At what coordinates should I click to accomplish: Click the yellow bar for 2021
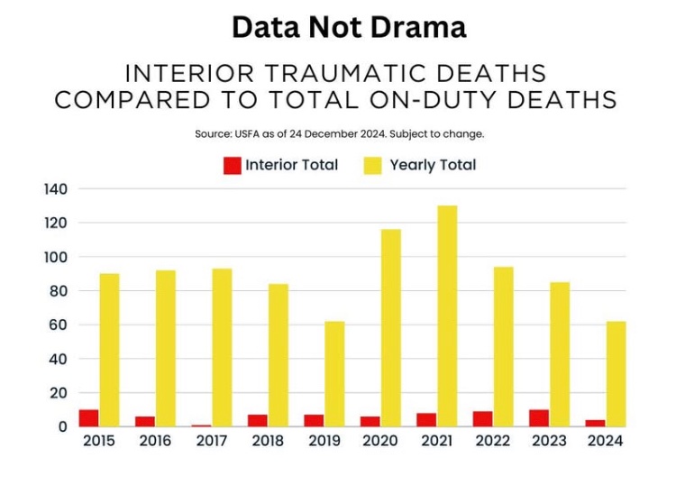tap(446, 316)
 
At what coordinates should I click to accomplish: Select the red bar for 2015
tap(88, 417)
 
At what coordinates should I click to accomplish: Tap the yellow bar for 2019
tap(334, 373)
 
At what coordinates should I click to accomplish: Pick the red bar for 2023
tap(539, 417)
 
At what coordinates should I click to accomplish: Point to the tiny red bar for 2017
tap(201, 425)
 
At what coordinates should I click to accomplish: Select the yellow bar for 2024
tap(617, 373)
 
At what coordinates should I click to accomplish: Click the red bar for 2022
tap(483, 418)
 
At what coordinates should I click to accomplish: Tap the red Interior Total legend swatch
tap(232, 165)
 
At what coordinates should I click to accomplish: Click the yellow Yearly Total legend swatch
tap(372, 165)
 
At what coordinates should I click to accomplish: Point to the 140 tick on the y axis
tap(56, 189)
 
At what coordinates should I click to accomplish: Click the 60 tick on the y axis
tap(59, 325)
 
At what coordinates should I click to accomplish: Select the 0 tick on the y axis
tap(63, 426)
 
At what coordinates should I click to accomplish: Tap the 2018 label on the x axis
tap(268, 442)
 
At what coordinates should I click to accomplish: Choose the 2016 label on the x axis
tap(156, 442)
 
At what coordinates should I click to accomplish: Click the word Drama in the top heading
tap(420, 27)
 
